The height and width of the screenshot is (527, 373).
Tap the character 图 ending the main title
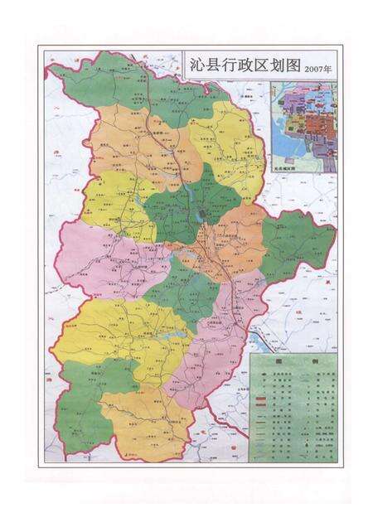click(x=288, y=65)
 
